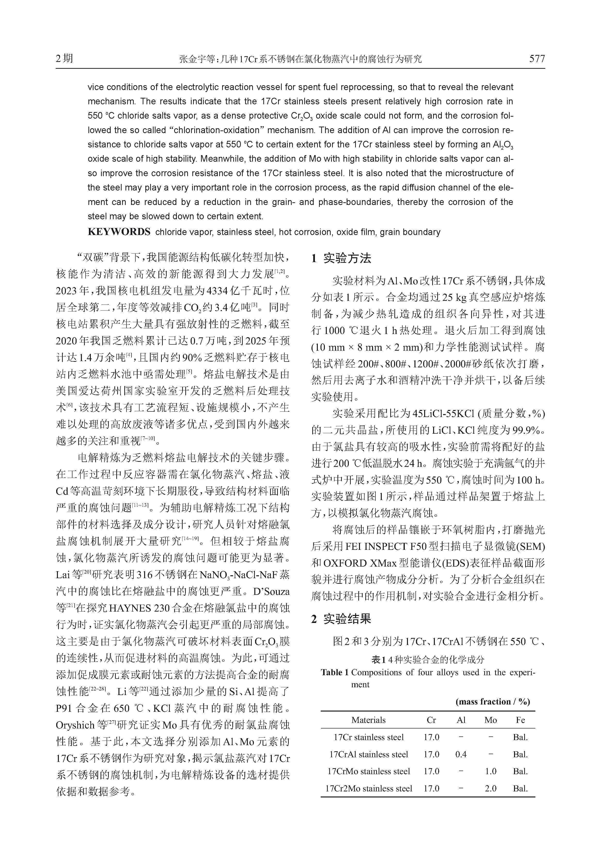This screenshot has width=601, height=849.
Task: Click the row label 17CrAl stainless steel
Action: (x=369, y=754)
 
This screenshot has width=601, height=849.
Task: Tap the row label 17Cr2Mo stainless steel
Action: (x=369, y=788)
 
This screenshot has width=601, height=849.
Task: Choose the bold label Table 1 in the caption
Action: (x=335, y=672)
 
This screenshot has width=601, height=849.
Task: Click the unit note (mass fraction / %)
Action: (x=492, y=701)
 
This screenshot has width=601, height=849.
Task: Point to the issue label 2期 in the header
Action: (x=64, y=58)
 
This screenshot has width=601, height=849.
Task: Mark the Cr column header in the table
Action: (x=431, y=720)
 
